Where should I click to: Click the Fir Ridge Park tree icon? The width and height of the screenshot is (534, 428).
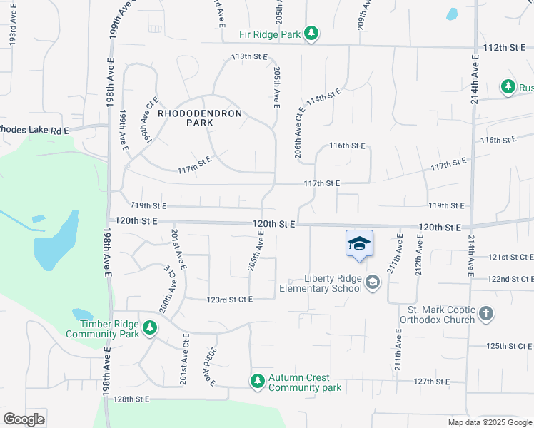click(x=311, y=33)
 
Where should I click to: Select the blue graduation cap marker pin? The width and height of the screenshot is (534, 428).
click(x=359, y=244)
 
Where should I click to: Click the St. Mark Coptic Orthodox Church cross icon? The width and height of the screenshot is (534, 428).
click(x=485, y=314)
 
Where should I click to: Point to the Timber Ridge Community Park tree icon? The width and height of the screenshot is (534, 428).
click(x=149, y=327)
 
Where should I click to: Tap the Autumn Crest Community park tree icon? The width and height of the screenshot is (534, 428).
click(x=257, y=382)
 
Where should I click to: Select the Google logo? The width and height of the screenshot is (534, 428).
click(x=24, y=419)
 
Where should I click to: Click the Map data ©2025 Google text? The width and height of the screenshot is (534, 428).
click(x=489, y=422)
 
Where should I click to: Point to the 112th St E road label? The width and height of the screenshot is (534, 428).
click(x=504, y=46)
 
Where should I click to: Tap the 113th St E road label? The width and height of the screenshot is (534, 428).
click(x=248, y=56)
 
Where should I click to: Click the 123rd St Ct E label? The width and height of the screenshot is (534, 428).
click(x=229, y=300)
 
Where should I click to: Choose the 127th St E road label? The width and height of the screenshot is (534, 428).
click(x=432, y=382)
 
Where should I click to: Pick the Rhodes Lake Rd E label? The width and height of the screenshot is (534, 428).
click(x=34, y=130)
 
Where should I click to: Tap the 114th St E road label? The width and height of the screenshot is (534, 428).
click(x=323, y=97)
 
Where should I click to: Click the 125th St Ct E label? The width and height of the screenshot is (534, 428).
click(x=510, y=345)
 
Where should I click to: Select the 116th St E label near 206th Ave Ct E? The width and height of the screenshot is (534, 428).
click(x=347, y=146)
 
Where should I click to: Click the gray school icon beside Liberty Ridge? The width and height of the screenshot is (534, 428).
click(x=372, y=283)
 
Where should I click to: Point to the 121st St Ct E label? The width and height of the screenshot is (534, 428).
click(x=511, y=256)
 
